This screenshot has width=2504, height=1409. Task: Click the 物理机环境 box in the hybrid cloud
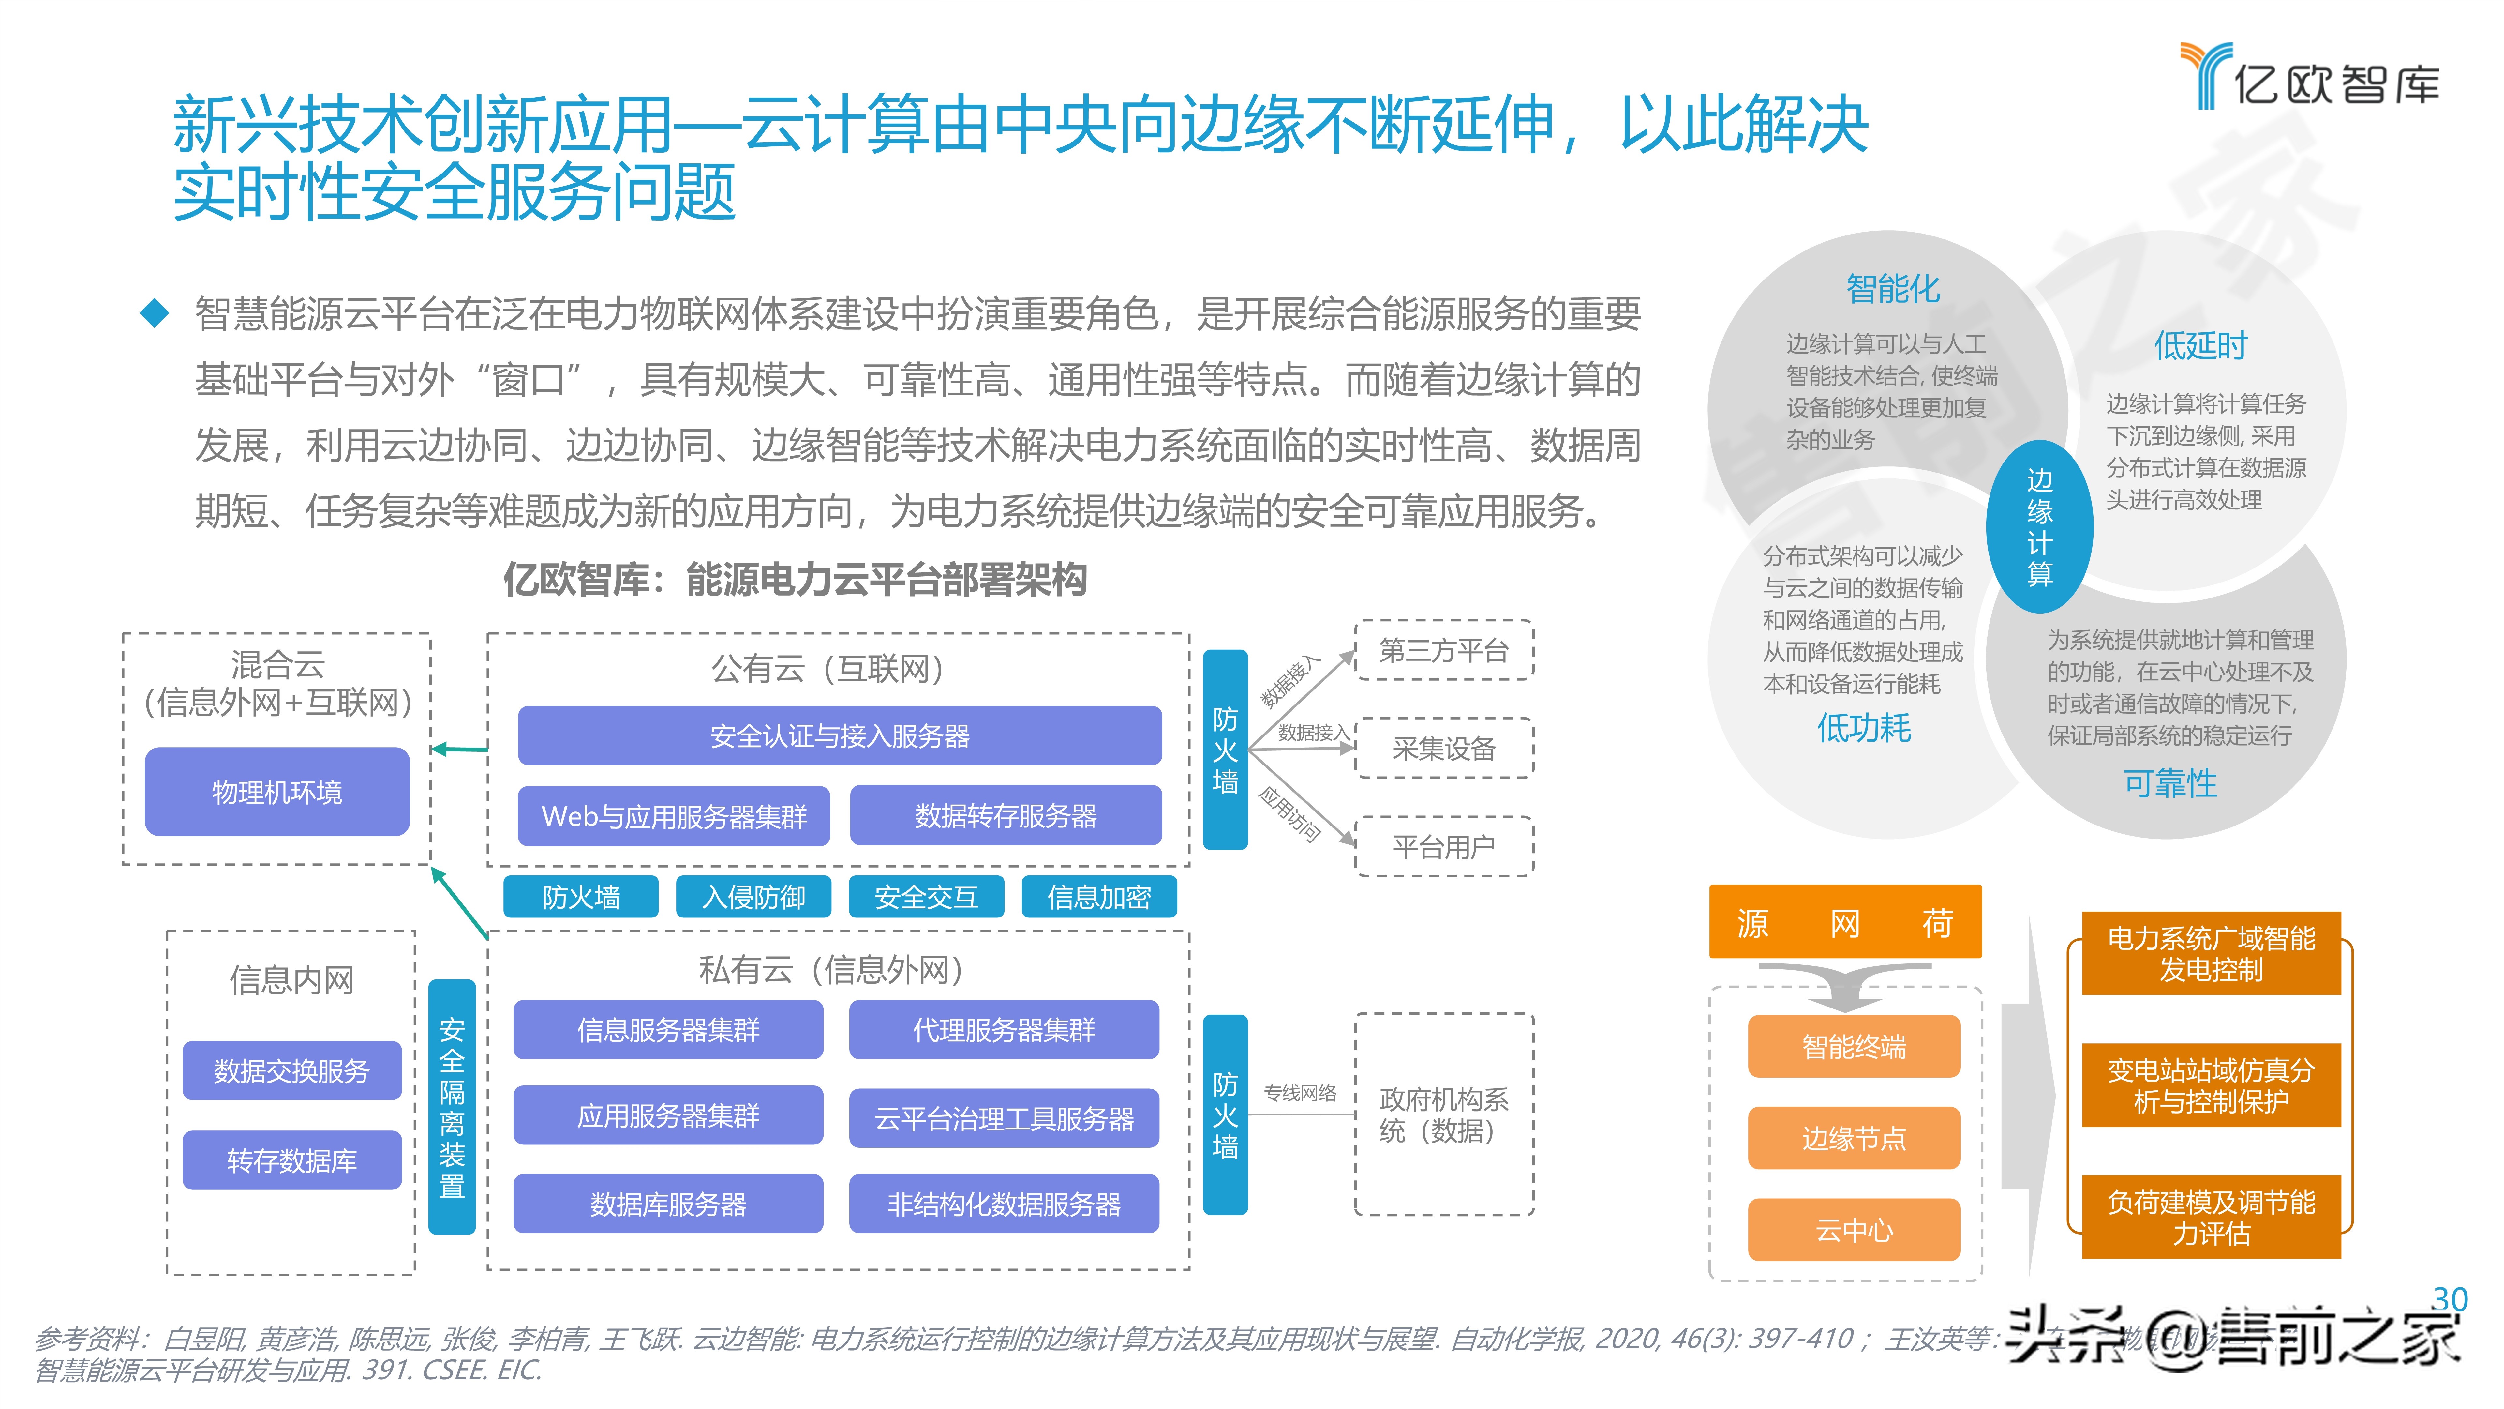click(x=277, y=792)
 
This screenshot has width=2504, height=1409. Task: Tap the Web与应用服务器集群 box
click(x=674, y=816)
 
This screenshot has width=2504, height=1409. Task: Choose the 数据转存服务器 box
click(x=1005, y=816)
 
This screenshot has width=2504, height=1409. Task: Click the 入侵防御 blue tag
click(x=753, y=897)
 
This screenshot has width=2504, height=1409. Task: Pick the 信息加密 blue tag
click(x=1098, y=897)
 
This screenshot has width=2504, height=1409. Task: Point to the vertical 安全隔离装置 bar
click(x=452, y=1107)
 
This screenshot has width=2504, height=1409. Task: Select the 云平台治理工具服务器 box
click(x=1004, y=1118)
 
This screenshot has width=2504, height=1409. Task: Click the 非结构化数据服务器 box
click(x=1004, y=1204)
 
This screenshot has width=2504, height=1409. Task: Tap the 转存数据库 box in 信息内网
click(x=291, y=1160)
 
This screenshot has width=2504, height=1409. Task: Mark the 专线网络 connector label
click(x=1300, y=1093)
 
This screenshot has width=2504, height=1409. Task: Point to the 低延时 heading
click(x=2201, y=345)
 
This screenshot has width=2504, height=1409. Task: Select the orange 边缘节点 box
click(x=1854, y=1138)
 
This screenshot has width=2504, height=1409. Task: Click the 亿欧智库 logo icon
click(x=2205, y=74)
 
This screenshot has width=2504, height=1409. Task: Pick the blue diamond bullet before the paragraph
click(x=155, y=313)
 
